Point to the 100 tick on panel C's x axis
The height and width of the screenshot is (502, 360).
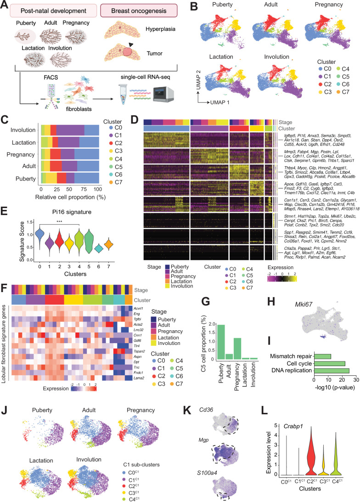98,150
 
